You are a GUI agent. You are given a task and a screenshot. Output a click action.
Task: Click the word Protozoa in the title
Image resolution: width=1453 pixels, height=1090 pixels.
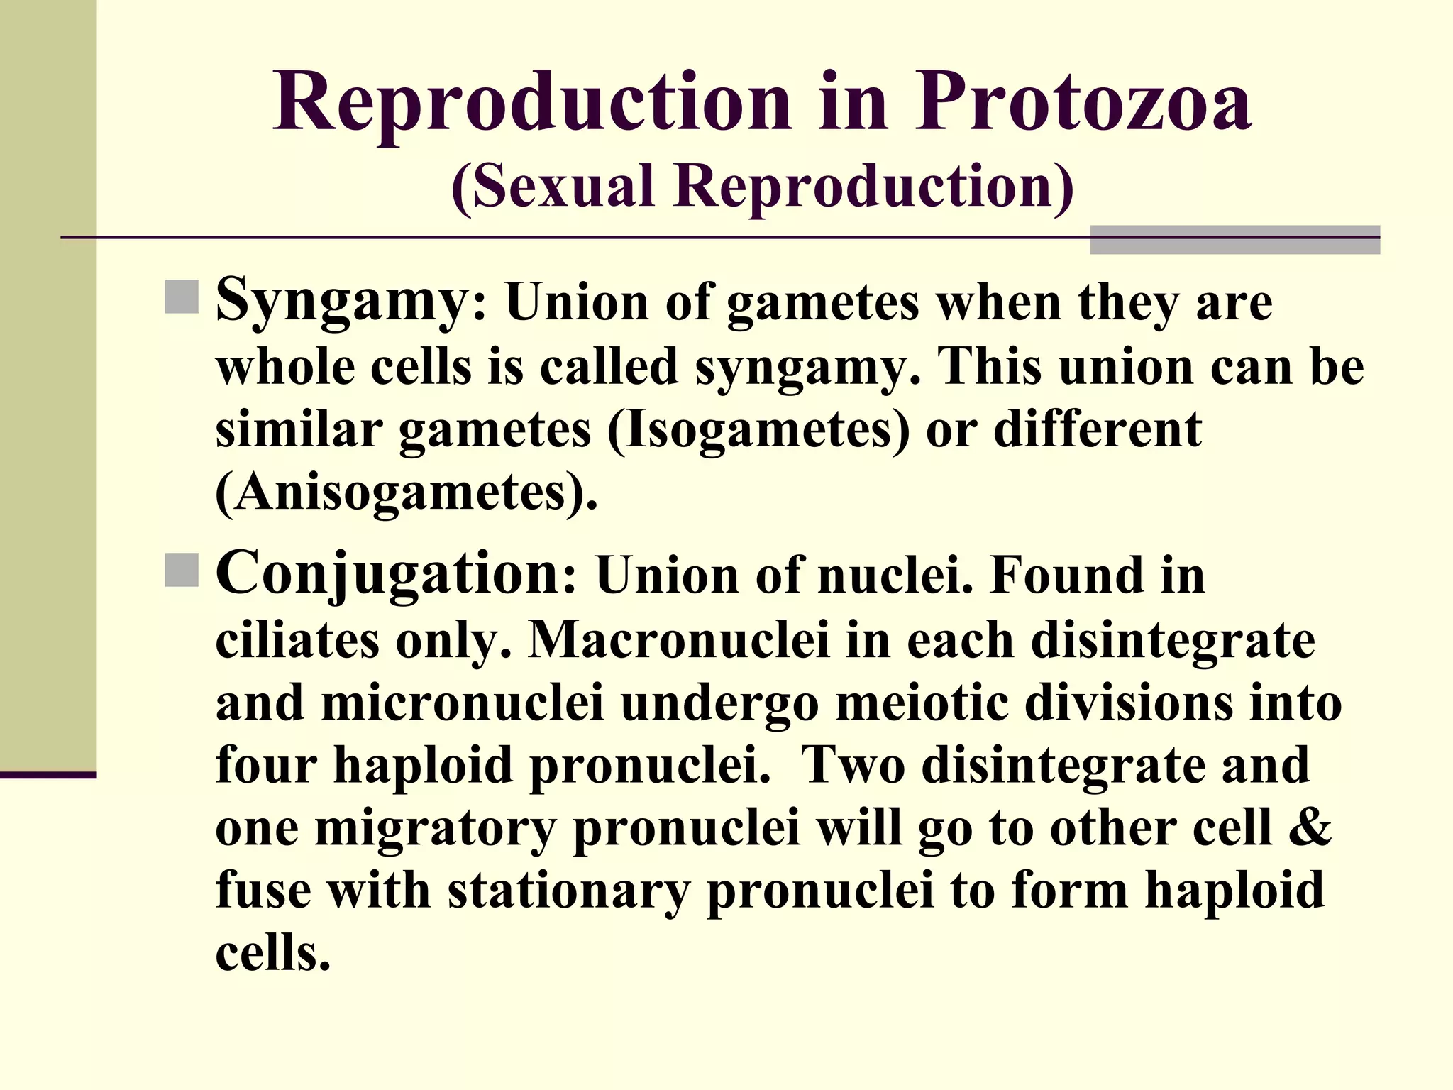[x=1083, y=103]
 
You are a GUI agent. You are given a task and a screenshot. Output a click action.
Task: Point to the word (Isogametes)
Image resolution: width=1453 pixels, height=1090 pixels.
[x=758, y=430]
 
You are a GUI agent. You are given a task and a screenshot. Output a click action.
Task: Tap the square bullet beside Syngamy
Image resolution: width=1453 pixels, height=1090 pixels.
[x=182, y=297]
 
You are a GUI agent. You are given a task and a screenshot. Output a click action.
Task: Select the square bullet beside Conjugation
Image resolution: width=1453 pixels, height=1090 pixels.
[x=182, y=571]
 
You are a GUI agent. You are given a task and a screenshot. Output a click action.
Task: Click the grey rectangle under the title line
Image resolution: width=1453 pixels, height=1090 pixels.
[x=1234, y=240]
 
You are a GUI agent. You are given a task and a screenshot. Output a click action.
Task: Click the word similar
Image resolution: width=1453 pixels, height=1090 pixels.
[x=298, y=430]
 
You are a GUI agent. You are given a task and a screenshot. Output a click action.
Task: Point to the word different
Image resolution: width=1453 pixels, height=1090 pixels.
[x=1097, y=430]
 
